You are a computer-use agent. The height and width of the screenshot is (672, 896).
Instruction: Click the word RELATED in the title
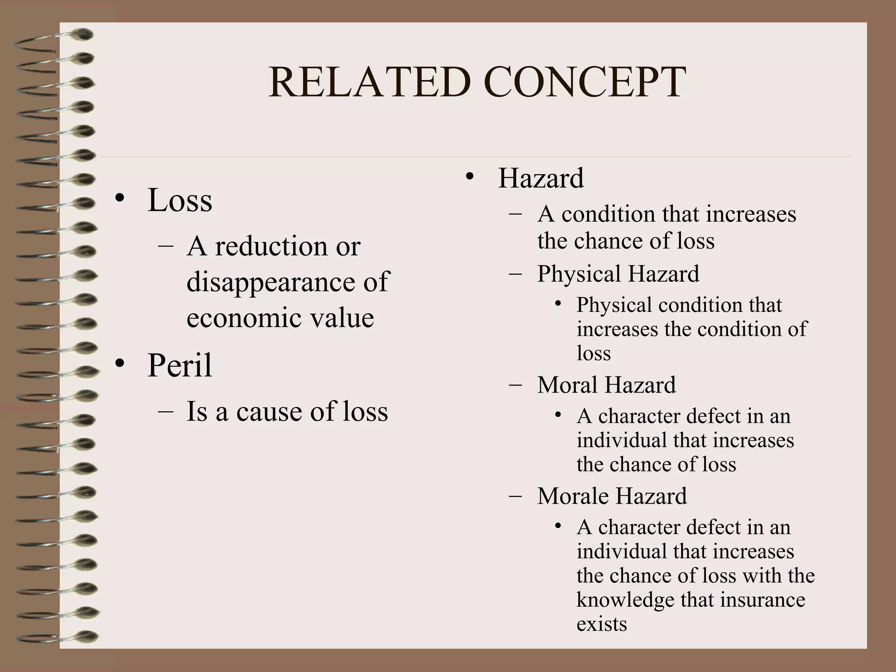370,82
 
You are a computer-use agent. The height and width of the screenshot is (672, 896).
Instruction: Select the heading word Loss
180,200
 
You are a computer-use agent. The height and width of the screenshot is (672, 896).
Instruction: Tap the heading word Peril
179,365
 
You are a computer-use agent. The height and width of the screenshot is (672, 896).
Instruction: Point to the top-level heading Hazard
541,178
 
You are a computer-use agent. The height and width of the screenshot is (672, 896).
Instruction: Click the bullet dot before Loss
120,199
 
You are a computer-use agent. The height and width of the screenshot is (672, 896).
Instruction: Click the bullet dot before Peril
120,364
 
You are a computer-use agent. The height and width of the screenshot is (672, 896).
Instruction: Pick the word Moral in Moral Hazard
567,385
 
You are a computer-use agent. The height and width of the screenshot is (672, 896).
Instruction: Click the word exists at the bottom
602,624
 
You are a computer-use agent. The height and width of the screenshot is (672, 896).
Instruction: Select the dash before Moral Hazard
515,385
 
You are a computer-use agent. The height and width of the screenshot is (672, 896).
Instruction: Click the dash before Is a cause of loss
165,412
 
